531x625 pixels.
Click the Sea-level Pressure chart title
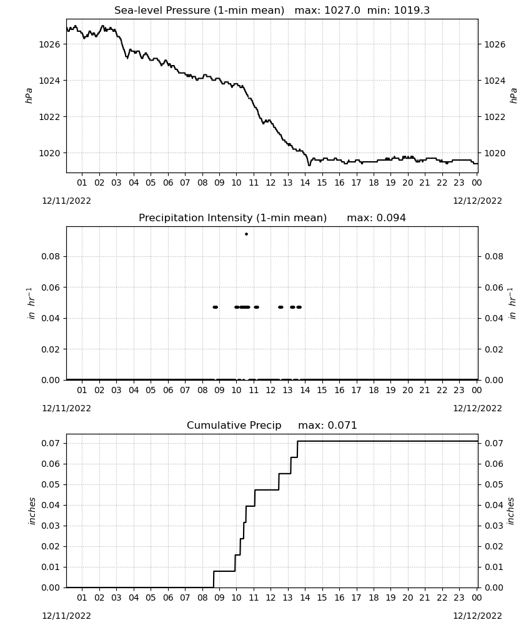coord(199,11)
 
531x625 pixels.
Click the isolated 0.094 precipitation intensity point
coord(246,234)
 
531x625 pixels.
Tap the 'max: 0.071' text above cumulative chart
coord(327,425)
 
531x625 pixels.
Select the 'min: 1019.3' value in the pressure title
coord(399,11)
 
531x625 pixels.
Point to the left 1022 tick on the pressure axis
coord(49,117)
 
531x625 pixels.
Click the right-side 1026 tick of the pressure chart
coord(494,44)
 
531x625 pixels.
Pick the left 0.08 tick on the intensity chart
coord(51,256)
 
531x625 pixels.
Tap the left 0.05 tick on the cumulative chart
coord(51,485)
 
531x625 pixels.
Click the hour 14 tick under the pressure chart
coord(305,182)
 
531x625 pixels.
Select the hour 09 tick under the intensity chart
coord(219,390)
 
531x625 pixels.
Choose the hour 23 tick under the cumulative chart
coord(459,597)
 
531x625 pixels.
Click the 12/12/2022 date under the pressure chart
coord(477,201)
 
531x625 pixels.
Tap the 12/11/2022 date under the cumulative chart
coord(66,616)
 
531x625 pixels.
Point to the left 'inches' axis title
coord(32,511)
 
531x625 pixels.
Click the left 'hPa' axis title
coord(29,96)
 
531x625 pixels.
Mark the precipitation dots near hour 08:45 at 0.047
coord(216,307)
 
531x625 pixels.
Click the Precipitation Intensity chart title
coord(232,218)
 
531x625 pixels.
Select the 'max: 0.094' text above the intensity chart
coord(377,218)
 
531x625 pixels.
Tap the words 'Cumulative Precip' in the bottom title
coord(234,426)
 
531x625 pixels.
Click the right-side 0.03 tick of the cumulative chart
coord(494,526)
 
